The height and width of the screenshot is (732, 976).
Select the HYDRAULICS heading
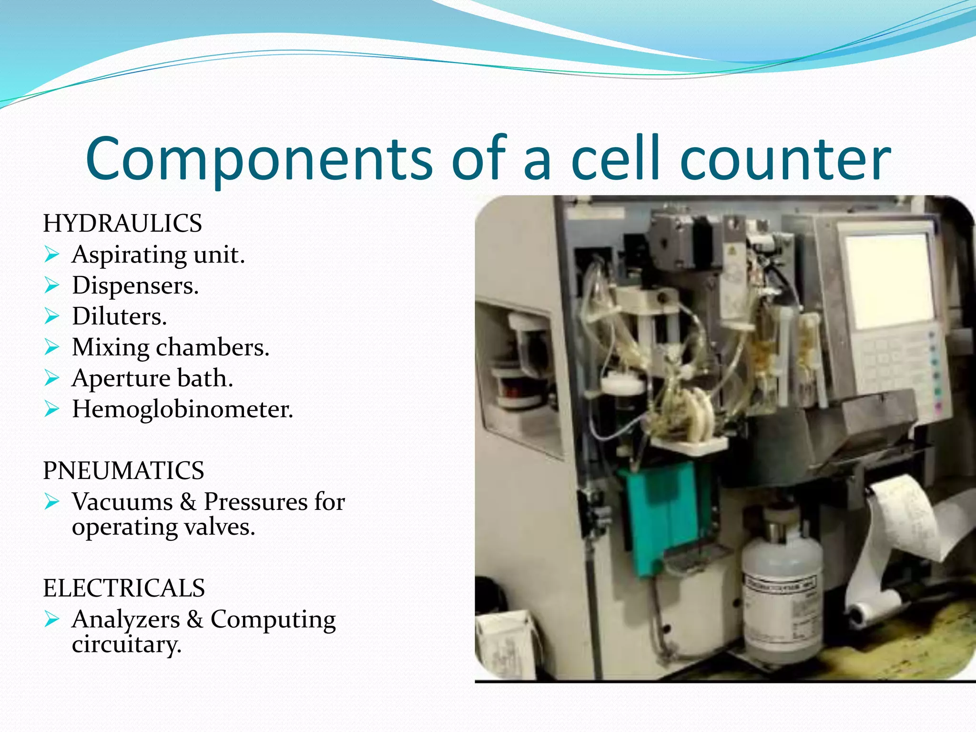[122, 224]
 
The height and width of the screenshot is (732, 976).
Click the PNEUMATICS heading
[123, 471]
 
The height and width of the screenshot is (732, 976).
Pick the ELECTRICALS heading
[124, 588]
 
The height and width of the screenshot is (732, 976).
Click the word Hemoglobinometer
[182, 409]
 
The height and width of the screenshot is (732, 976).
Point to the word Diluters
[119, 316]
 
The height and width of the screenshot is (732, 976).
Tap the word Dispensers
[135, 286]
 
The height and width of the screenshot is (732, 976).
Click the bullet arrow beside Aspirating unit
[51, 255]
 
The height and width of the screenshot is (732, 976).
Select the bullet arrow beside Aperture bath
[51, 378]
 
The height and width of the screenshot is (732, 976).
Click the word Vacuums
[122, 502]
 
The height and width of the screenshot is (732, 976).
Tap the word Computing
[273, 620]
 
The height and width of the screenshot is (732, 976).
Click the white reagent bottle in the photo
[782, 600]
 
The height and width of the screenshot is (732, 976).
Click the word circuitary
[126, 645]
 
